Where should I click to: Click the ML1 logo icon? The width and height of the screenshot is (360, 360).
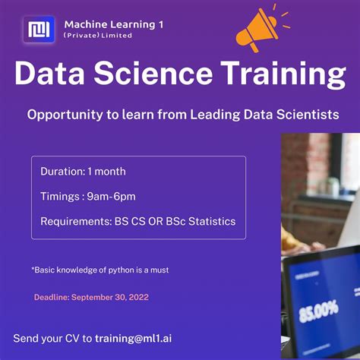tap(39, 30)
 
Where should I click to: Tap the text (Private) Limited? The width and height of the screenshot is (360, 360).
tap(98, 36)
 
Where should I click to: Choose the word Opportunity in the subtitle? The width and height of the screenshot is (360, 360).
tap(61, 115)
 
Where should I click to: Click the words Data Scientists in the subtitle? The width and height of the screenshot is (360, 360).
tap(294, 115)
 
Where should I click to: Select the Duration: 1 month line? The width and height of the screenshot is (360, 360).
tap(83, 172)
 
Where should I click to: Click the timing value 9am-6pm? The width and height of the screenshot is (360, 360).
tap(111, 197)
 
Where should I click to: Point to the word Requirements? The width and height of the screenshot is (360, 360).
tap(77, 222)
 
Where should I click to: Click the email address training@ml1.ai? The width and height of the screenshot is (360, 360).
tap(138, 338)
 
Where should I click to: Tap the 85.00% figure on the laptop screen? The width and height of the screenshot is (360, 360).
tap(319, 312)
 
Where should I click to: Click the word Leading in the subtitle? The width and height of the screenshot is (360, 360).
tap(214, 115)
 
